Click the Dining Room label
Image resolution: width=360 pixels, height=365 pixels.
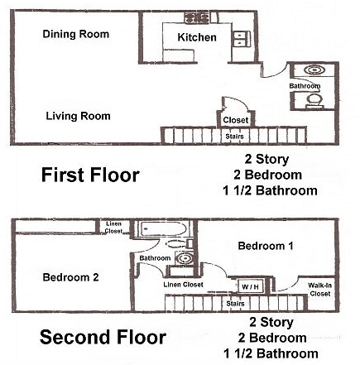coord(76,34)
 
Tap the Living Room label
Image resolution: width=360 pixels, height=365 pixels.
coord(78,116)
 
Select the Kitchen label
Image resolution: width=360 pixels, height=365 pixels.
coord(197,37)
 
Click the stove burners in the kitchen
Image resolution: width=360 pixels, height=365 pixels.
coord(197,18)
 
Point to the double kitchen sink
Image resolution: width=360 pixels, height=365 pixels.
coord(242,39)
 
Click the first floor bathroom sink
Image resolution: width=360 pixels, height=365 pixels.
coord(314,70)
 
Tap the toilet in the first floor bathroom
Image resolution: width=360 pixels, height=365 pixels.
coord(314,100)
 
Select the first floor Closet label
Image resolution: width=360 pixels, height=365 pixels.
coord(236,120)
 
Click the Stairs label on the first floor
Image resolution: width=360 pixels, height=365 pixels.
coord(234,137)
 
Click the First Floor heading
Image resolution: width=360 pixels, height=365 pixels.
coord(90,175)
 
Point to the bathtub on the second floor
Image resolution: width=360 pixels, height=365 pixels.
coord(163,228)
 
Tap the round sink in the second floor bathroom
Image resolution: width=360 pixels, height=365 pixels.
coord(184,258)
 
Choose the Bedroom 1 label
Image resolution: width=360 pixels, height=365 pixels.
coord(266,246)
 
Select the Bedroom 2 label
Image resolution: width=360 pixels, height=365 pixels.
coord(71,277)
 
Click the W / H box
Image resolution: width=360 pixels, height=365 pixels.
coord(251,286)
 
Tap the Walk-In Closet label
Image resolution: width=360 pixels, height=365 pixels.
coord(320,290)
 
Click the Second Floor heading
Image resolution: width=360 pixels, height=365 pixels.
coord(103,337)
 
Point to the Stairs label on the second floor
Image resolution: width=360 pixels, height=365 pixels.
coord(235,304)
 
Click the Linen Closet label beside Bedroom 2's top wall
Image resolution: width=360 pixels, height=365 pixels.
coord(113,228)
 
